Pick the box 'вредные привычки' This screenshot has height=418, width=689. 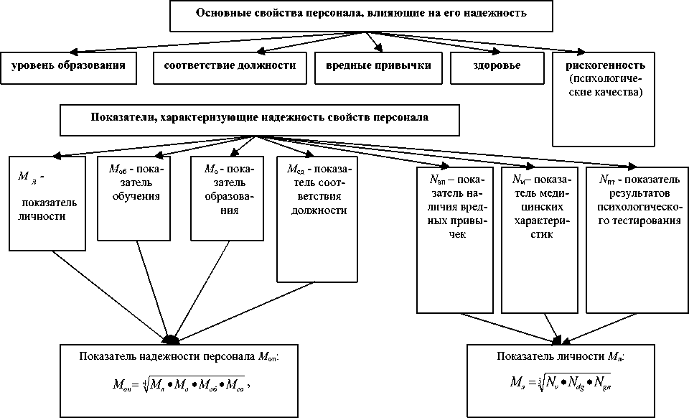coord(378,66)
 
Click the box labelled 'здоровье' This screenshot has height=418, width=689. coord(496,66)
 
